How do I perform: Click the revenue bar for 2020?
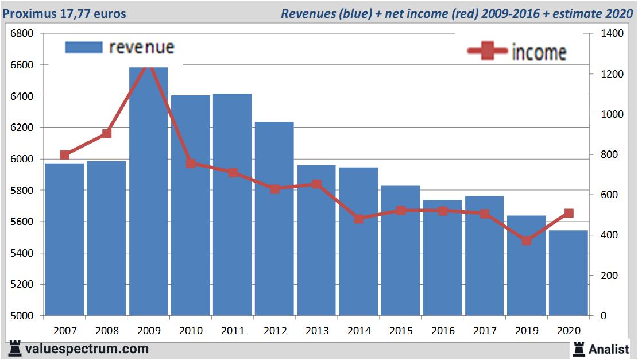568,273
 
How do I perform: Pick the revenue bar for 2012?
274,218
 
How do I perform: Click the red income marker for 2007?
64,155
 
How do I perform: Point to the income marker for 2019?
526,241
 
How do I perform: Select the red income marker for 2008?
106,134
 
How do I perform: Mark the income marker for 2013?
316,184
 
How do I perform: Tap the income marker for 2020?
569,213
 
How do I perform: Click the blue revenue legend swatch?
84,47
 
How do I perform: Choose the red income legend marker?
487,52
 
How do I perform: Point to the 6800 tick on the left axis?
22,33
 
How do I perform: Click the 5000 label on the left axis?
22,316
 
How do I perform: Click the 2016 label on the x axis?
442,331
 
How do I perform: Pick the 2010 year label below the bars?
191,331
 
